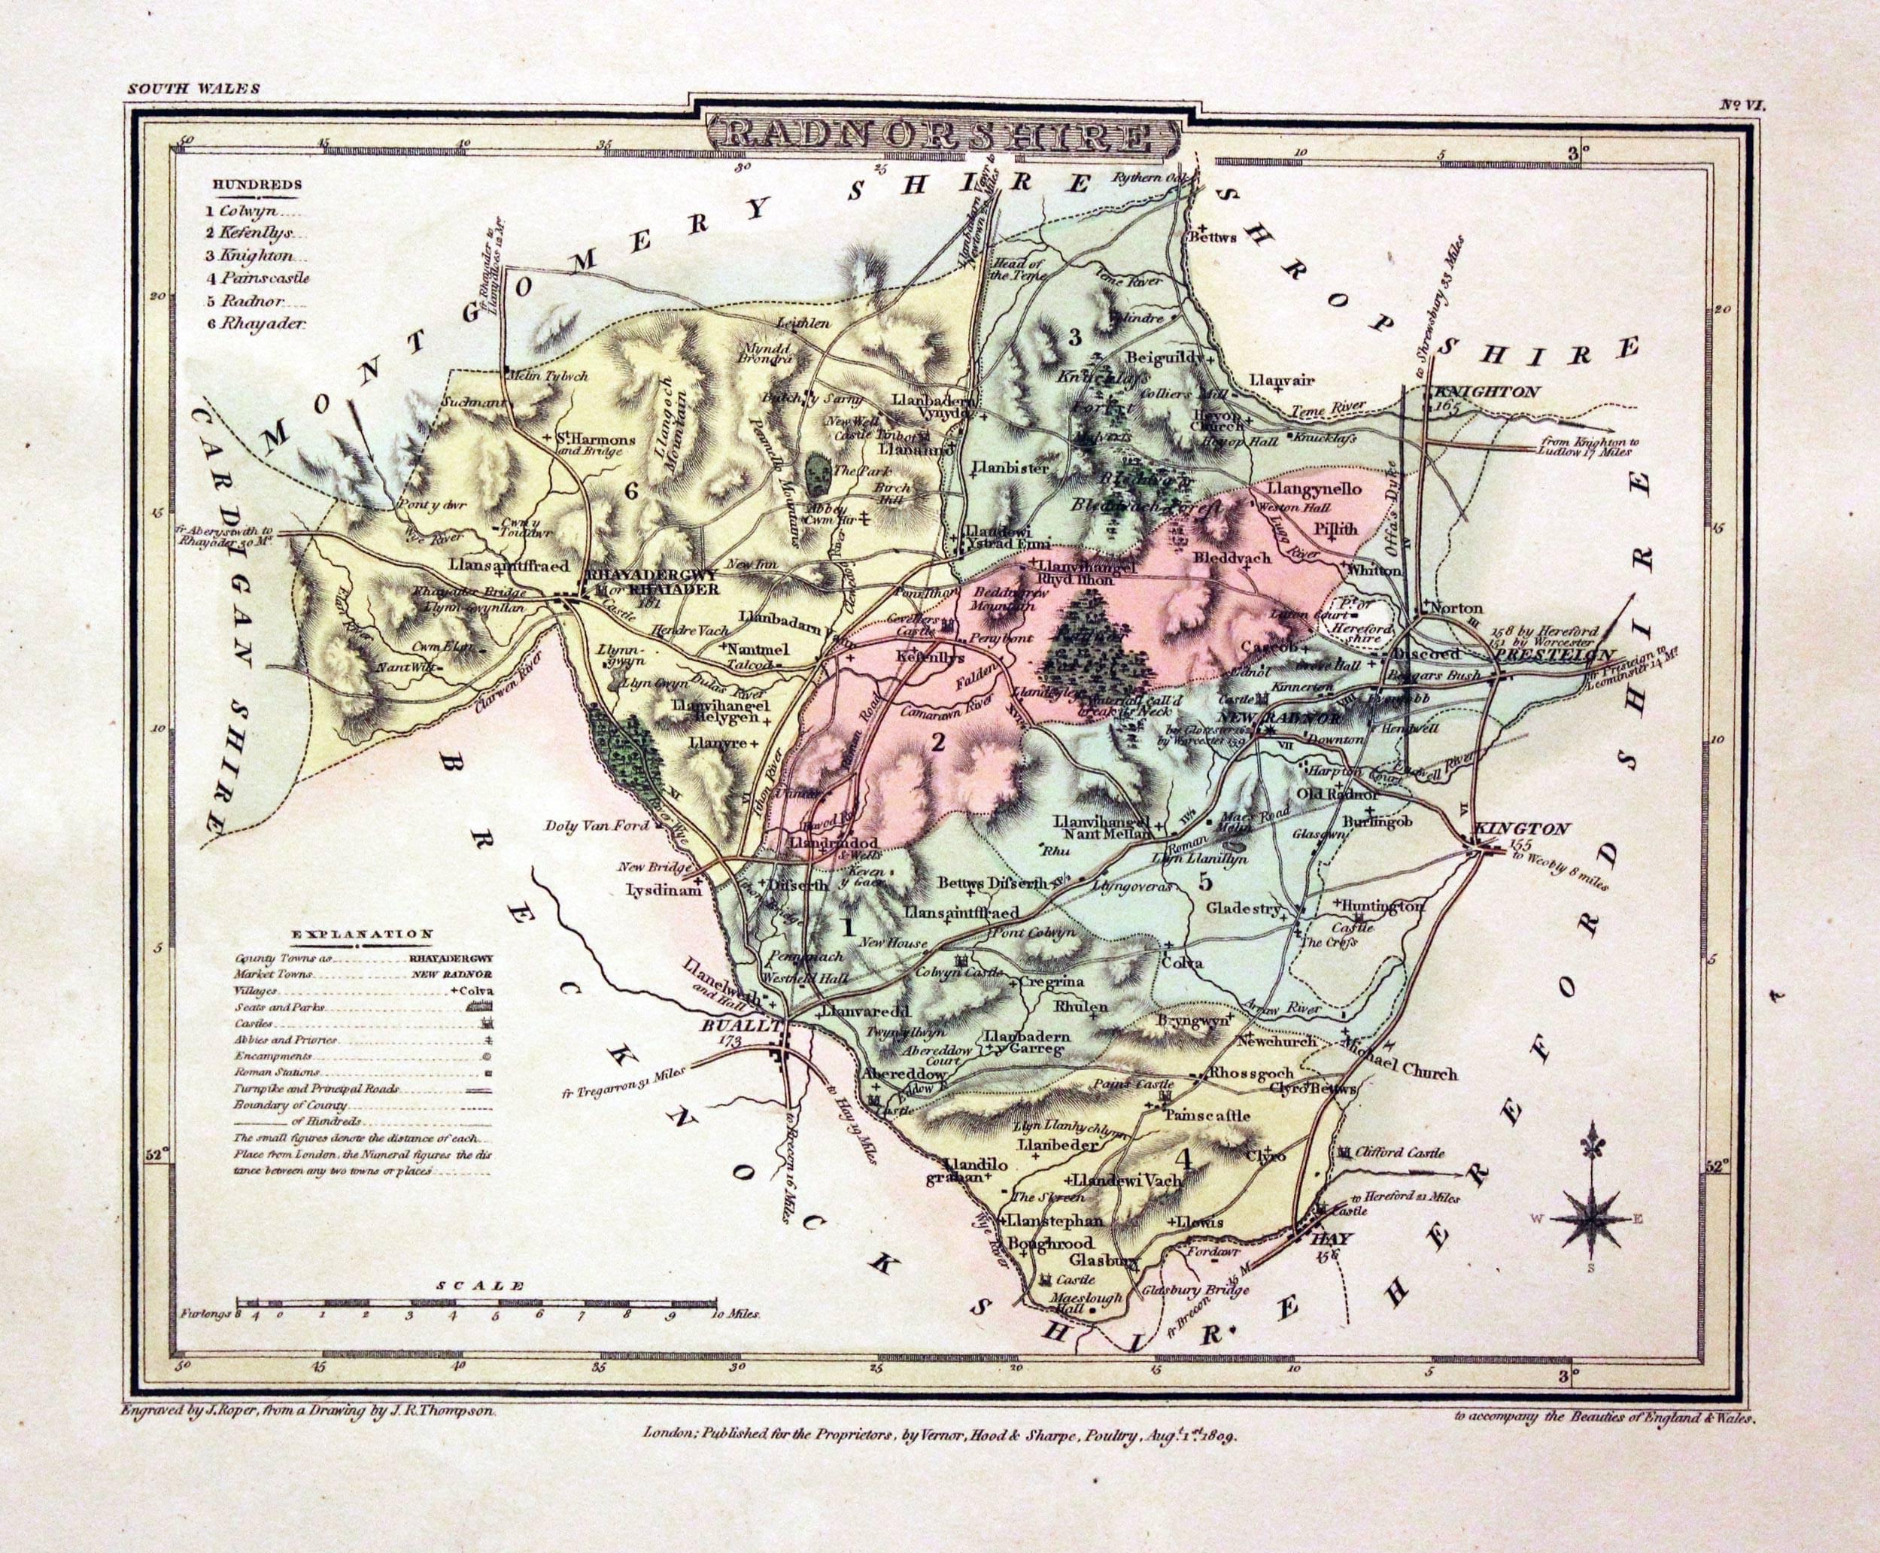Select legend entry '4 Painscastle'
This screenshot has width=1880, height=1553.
point(257,278)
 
